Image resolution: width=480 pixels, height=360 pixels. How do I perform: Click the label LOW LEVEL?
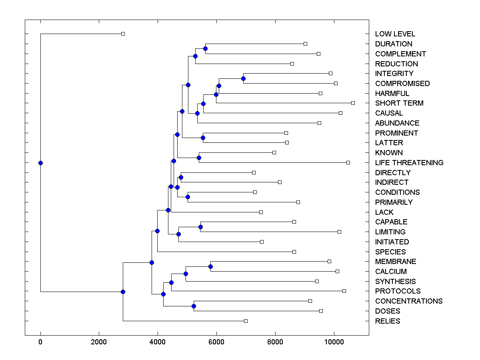click(395, 34)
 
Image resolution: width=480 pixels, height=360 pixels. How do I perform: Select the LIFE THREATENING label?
click(409, 163)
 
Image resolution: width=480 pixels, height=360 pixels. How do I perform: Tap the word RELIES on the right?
click(387, 321)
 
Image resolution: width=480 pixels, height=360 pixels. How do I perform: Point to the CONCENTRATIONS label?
click(408, 301)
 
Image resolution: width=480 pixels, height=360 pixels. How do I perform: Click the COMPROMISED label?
click(402, 84)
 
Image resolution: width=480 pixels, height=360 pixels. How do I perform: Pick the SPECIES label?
click(390, 252)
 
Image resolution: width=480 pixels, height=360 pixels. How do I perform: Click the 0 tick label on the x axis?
click(40, 342)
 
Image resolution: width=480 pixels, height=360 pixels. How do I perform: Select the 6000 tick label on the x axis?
click(216, 342)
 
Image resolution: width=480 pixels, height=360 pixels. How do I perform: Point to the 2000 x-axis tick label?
click(99, 342)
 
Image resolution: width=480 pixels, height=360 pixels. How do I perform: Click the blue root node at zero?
click(40, 163)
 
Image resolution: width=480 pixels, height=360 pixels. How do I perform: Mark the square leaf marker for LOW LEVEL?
click(123, 34)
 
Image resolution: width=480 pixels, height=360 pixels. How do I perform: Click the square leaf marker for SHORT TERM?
click(353, 103)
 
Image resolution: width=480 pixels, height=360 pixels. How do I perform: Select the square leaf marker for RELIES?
click(246, 321)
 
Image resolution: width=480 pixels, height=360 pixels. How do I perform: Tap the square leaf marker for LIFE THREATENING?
click(348, 162)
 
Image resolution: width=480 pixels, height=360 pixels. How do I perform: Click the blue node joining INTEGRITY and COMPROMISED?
click(243, 78)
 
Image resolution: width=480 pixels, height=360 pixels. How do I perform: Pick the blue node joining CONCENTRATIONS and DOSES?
click(194, 306)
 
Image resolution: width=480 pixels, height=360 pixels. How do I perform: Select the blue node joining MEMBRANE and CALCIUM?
click(210, 266)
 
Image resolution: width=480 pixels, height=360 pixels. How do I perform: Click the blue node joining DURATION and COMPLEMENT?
click(205, 48)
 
